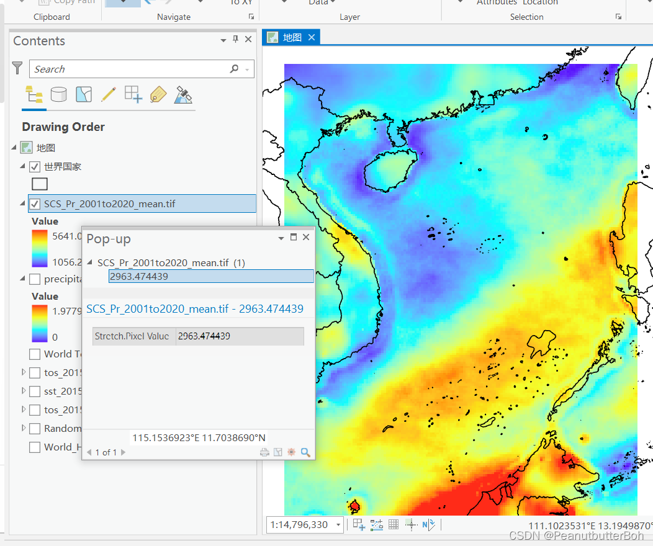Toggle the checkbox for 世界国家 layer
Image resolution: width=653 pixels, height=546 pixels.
tap(35, 167)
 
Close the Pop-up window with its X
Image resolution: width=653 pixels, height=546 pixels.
tap(306, 237)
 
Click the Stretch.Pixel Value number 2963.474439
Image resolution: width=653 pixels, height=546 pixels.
tap(204, 336)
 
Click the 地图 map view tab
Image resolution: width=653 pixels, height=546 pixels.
tap(292, 38)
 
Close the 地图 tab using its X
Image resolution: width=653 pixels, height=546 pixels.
tap(312, 38)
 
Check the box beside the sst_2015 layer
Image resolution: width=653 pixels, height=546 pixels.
tap(35, 392)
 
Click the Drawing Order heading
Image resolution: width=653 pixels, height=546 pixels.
tap(63, 127)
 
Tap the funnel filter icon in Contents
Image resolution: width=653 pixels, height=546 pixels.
tap(17, 68)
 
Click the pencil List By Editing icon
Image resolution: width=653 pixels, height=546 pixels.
tap(109, 94)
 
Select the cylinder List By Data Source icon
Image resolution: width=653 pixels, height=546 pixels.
tap(59, 94)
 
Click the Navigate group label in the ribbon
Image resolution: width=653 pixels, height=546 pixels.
tap(174, 17)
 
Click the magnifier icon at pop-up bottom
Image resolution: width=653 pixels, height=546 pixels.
tap(305, 452)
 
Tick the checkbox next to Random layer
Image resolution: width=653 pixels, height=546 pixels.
tap(35, 429)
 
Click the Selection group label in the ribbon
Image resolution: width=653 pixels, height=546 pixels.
tap(526, 17)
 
